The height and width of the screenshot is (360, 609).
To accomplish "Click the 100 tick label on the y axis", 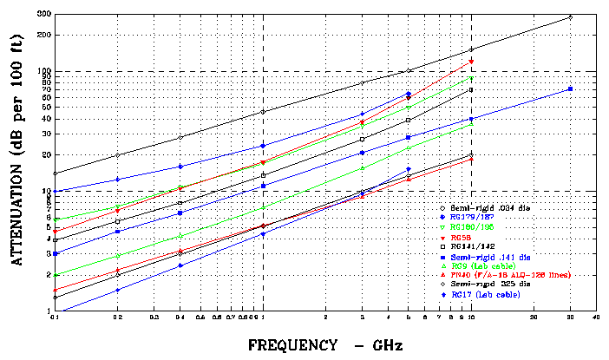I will [x=44, y=71].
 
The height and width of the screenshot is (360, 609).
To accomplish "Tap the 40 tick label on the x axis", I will [x=595, y=319].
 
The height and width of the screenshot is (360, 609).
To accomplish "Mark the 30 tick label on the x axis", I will [x=569, y=319].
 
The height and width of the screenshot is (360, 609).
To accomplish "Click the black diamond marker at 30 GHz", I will [x=570, y=16].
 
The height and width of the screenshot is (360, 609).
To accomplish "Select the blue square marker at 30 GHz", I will [x=570, y=89].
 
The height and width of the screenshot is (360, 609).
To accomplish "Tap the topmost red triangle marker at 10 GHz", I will [x=471, y=62].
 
